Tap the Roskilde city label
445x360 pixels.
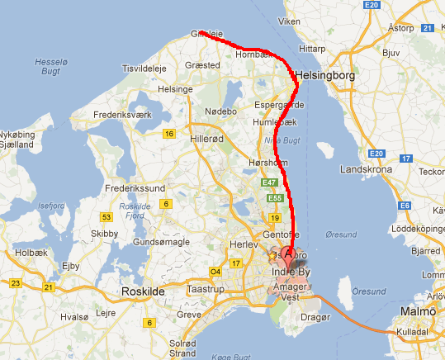144,291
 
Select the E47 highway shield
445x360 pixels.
269,182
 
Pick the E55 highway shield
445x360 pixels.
275,199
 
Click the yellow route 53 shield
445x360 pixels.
106,216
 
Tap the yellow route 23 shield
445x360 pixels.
15,282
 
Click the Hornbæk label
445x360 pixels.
253,54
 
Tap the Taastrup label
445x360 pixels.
206,291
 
